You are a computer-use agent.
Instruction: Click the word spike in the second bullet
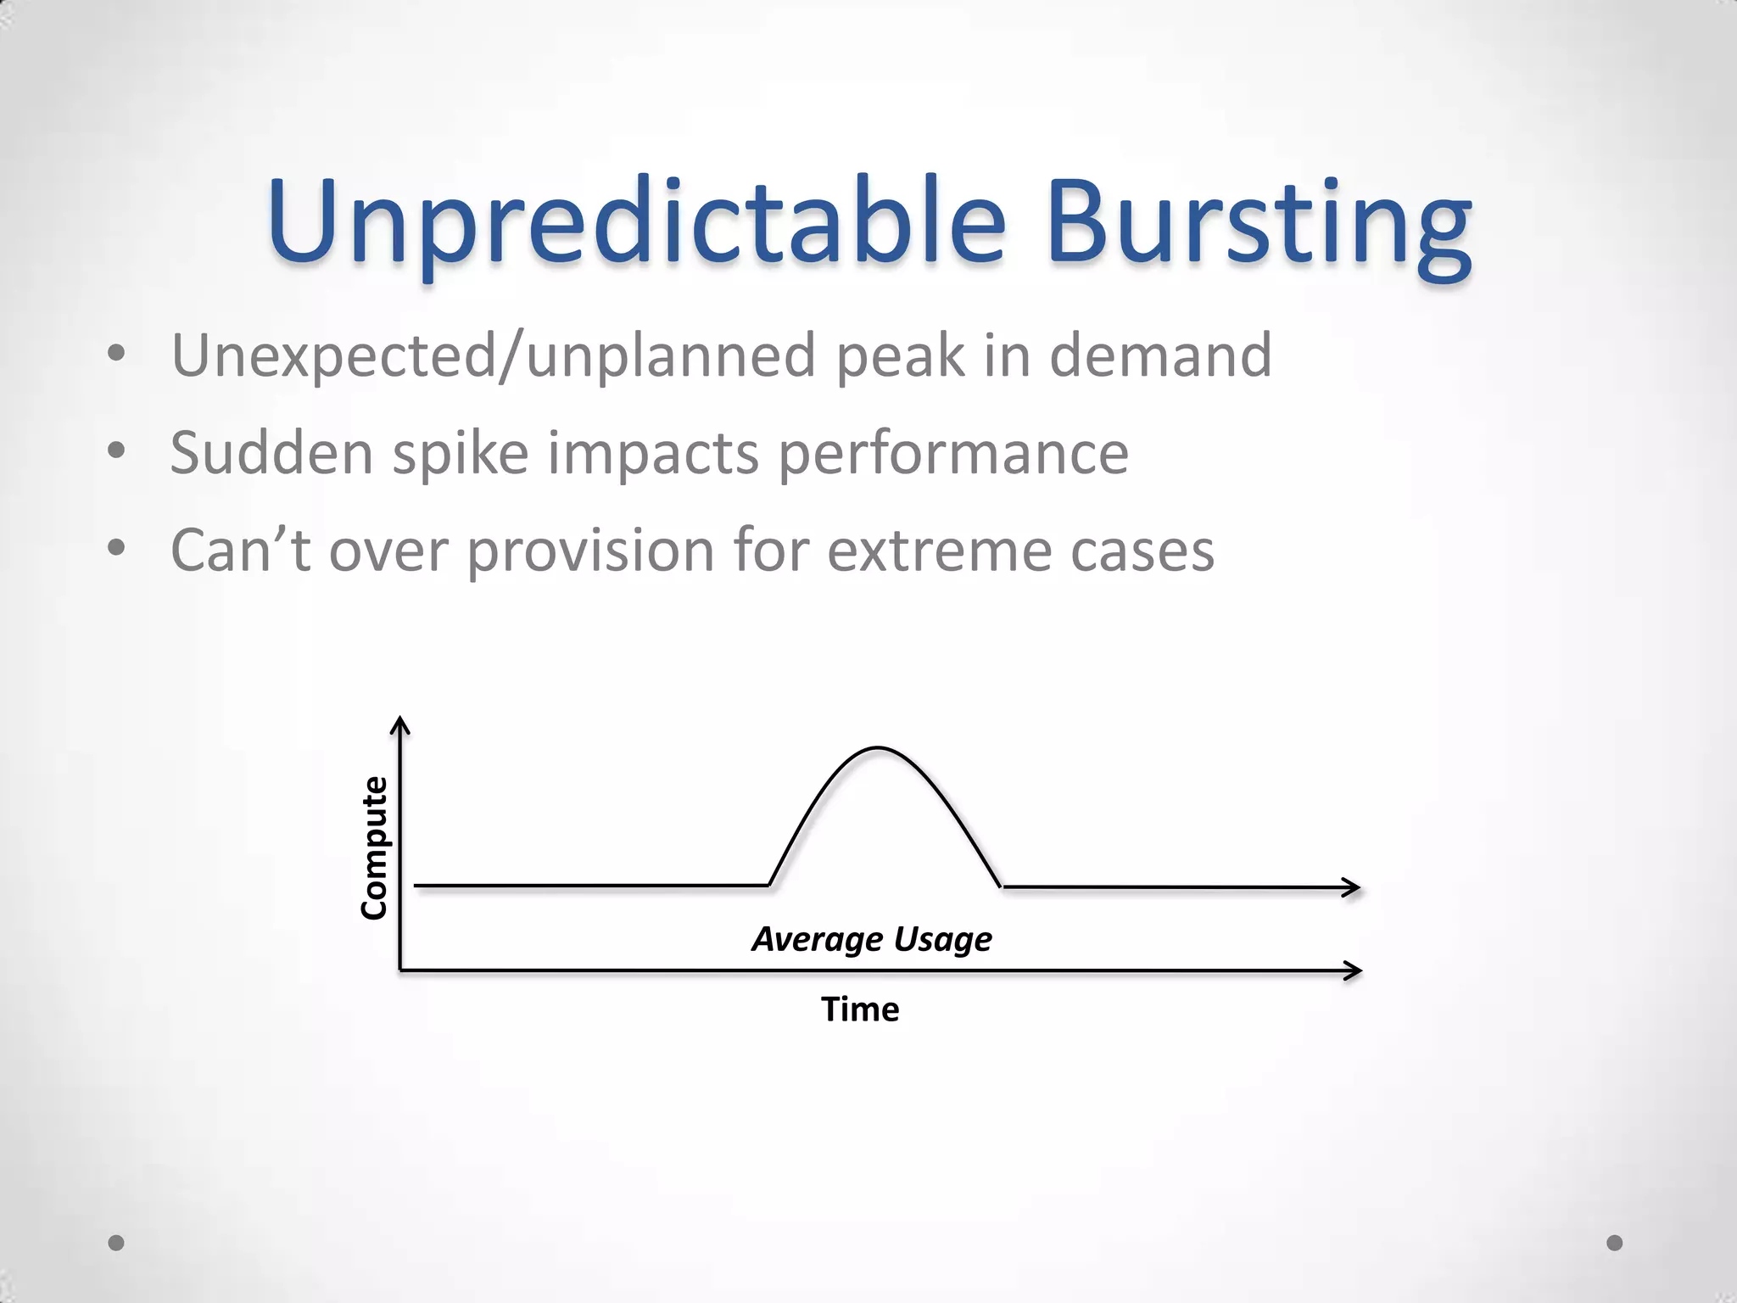tap(460, 454)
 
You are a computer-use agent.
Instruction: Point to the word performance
tap(953, 454)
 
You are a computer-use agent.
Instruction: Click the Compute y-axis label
tap(374, 847)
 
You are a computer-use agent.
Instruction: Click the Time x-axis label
tap(860, 1009)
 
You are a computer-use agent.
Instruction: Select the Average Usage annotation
tap(872, 939)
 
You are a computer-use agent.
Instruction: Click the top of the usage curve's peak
tap(878, 748)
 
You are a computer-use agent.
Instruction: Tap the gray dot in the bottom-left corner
tap(116, 1243)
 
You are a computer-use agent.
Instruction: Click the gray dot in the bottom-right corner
tap(1615, 1243)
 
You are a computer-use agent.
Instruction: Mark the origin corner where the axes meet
tap(400, 970)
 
